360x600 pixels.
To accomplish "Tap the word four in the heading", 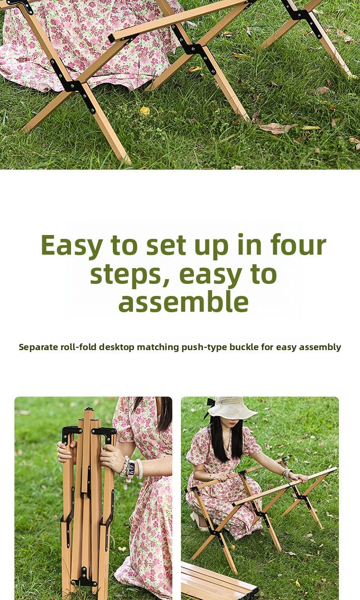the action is tap(299, 244).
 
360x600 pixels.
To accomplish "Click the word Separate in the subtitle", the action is tap(38, 347).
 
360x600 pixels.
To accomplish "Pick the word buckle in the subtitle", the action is tap(243, 347).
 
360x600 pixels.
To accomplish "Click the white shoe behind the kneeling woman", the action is tap(196, 526).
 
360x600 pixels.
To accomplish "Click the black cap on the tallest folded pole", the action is tap(88, 410).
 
